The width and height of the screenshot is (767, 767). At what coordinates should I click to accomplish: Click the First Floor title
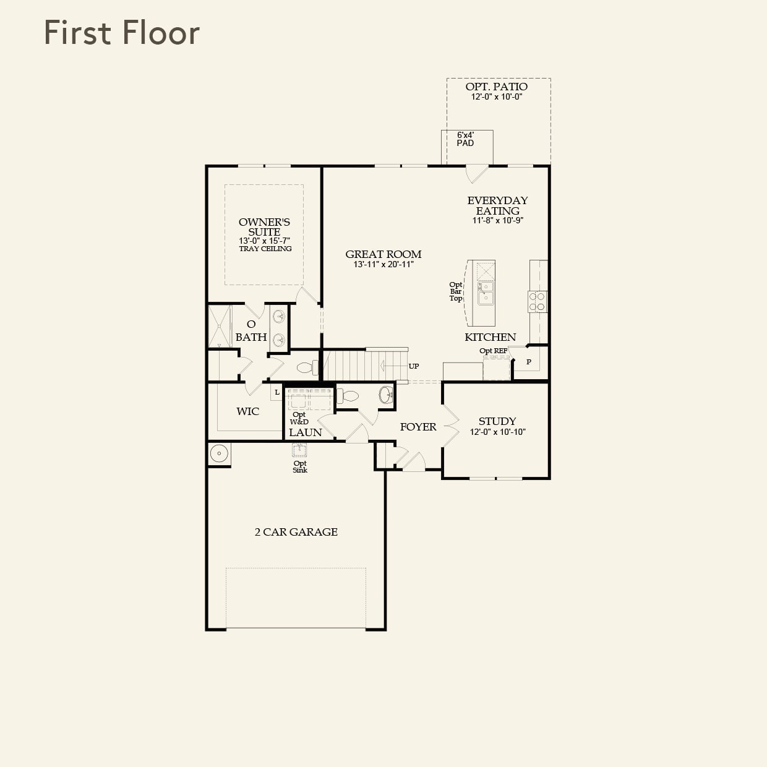pos(122,33)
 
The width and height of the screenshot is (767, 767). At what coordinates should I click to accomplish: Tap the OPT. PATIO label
pos(497,87)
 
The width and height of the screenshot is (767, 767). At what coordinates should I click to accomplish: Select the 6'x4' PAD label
pos(465,139)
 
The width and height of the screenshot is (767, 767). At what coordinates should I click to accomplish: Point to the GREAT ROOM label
pos(383,254)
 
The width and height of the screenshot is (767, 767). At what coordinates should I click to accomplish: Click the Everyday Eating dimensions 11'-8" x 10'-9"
pos(498,220)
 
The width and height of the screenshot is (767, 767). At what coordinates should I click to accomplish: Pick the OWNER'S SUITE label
pos(264,226)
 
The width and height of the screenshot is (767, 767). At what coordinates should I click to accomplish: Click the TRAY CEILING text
pos(265,249)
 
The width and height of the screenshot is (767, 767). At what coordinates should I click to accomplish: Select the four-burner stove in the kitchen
pos(537,302)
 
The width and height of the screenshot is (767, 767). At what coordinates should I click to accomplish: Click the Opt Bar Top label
pos(456,291)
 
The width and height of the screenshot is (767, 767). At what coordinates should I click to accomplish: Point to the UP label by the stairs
pos(414,366)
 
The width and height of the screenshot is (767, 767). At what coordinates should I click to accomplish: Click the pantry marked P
pos(529,362)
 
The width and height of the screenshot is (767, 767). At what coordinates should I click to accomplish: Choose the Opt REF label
pos(493,351)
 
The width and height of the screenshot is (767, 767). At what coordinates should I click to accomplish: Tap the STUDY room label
pos(497,421)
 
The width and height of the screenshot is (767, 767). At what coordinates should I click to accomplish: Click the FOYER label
pos(418,427)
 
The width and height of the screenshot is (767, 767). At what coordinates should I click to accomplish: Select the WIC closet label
pos(247,411)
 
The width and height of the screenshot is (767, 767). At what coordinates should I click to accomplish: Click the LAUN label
pos(306,432)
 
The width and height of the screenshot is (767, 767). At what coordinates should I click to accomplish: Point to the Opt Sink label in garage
pos(300,466)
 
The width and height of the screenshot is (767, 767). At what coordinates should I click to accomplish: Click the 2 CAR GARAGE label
pos(296,532)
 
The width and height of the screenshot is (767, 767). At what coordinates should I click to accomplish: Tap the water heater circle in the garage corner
pos(219,454)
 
